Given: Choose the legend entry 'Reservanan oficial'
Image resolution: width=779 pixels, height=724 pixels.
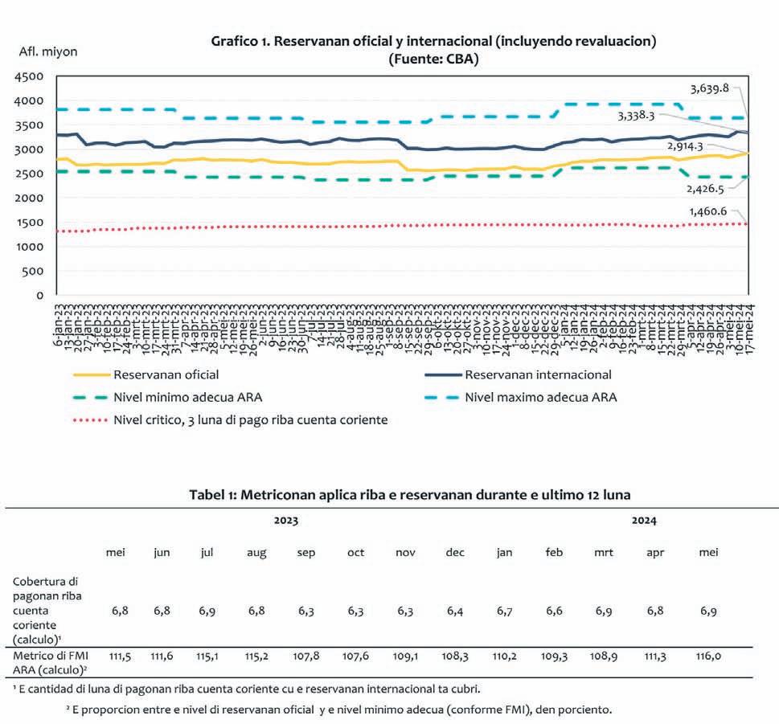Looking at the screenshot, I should pos(166,374).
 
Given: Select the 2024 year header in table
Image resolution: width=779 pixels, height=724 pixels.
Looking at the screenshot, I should pos(643,521).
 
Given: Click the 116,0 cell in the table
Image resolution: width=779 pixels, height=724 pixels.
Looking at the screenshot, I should pos(708,657).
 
